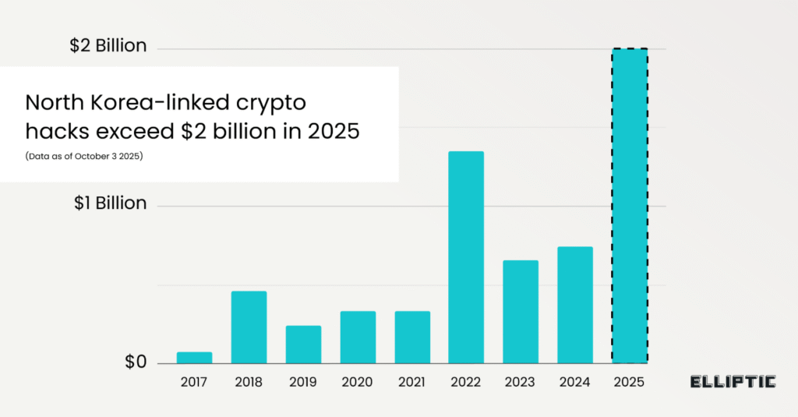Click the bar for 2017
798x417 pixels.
[x=194, y=358]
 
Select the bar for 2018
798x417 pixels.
[x=249, y=327]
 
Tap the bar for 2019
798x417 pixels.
[x=303, y=345]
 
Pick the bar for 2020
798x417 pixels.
[x=358, y=337]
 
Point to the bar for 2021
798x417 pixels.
[x=412, y=337]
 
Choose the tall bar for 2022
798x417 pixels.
[x=466, y=257]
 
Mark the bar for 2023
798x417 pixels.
[x=521, y=312]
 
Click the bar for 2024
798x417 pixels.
[x=575, y=305]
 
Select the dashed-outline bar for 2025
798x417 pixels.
[x=630, y=206]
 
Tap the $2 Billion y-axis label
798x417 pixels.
[x=108, y=46]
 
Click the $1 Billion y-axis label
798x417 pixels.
[x=110, y=203]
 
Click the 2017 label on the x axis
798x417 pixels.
[x=194, y=382]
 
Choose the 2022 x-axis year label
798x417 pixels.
[x=466, y=382]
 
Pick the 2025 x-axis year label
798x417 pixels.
[x=630, y=382]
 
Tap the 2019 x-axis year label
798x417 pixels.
[x=303, y=382]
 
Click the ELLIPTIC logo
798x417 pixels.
[x=733, y=381]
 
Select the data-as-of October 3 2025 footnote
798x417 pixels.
[x=83, y=156]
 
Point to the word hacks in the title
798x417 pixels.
[x=51, y=131]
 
